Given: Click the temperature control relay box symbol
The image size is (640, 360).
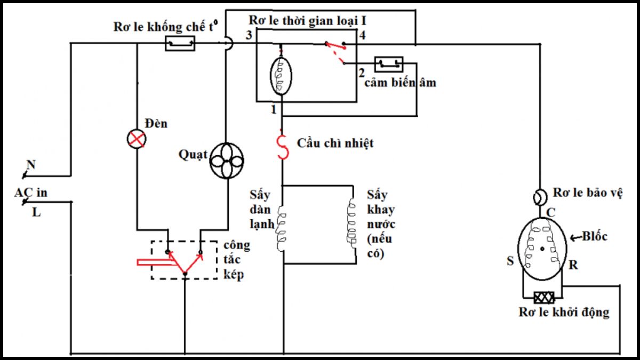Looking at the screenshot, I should point(180,43).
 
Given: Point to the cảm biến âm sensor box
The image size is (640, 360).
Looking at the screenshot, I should point(389,64).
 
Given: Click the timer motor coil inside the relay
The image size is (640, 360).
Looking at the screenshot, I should point(281,76).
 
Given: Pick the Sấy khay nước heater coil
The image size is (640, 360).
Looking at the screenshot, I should point(352,223).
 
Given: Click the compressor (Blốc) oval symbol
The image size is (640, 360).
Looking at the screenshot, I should point(542,247).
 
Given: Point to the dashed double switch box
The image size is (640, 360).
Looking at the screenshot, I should point(184,260).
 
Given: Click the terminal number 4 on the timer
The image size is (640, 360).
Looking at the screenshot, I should point(362,36).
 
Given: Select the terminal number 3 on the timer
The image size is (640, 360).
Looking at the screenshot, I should point(248,36).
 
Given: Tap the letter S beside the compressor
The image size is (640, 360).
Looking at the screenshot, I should point(510,261).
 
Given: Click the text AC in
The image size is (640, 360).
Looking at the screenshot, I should point(30,193).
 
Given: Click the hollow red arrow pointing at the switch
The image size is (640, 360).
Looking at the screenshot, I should point(155,262).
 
